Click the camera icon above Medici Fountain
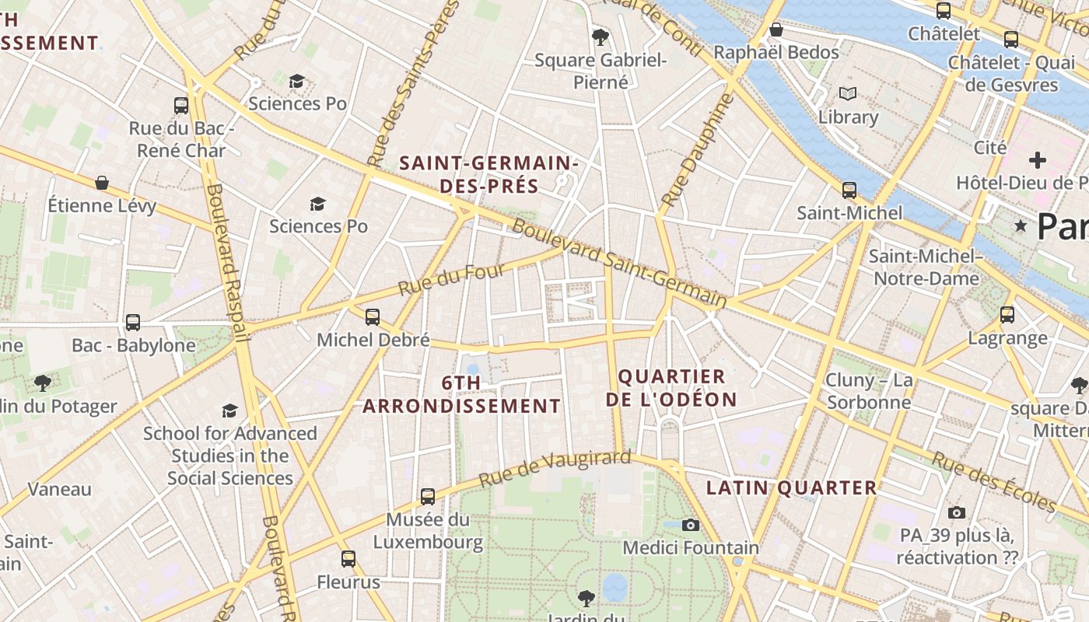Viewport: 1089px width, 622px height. pyautogui.click(x=690, y=525)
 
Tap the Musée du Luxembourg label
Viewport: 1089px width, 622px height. pyautogui.click(x=428, y=531)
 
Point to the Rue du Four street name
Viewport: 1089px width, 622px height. pyautogui.click(x=452, y=279)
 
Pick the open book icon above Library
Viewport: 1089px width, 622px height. pyautogui.click(x=848, y=94)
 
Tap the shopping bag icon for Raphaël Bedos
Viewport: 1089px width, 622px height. pyautogui.click(x=776, y=30)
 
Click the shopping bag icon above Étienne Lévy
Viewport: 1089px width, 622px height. pyautogui.click(x=102, y=183)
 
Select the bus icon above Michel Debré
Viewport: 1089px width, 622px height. pyautogui.click(x=373, y=316)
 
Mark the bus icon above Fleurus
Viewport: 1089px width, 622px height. pyautogui.click(x=348, y=558)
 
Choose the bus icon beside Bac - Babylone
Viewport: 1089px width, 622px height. pyautogui.click(x=133, y=322)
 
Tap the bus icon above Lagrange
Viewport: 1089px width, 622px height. pyautogui.click(x=1007, y=314)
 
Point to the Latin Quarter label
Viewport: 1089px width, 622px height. pyautogui.click(x=791, y=488)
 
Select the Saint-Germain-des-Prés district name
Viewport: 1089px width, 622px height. pyautogui.click(x=488, y=175)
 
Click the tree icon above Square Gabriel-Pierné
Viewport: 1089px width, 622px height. pyautogui.click(x=600, y=36)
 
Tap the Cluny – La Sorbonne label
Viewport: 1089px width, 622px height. pyautogui.click(x=869, y=391)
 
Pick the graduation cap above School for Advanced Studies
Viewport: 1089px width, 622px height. pyautogui.click(x=229, y=411)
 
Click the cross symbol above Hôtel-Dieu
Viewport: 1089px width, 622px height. pyautogui.click(x=1037, y=160)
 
